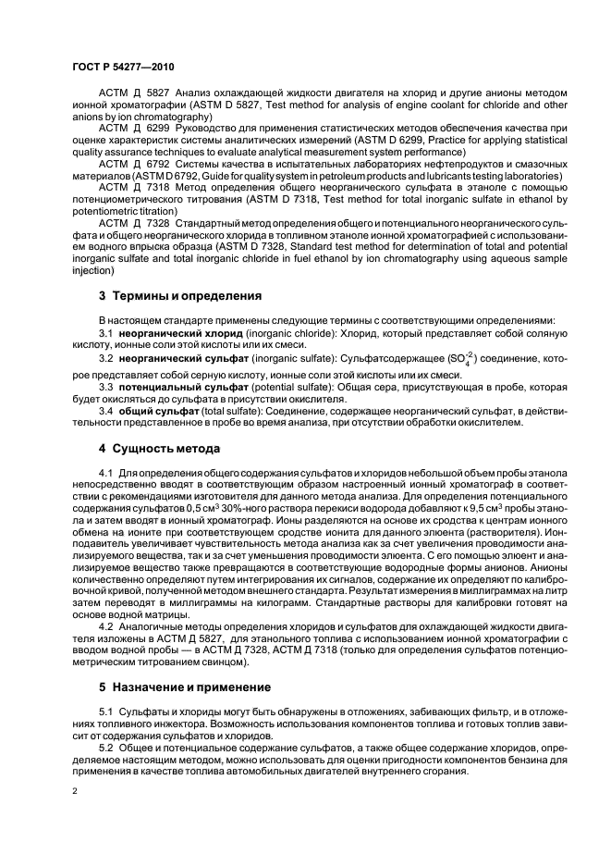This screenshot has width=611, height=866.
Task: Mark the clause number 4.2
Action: pos(105,628)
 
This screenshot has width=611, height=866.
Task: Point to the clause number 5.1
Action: pos(105,710)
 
